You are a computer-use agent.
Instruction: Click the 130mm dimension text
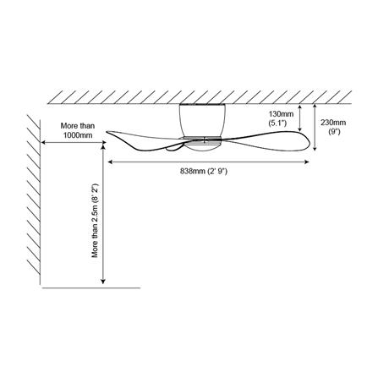pos(281,114)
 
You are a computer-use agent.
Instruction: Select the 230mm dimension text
pos(333,123)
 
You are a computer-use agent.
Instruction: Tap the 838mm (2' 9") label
pos(204,171)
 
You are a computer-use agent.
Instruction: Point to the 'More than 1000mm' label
pos(78,130)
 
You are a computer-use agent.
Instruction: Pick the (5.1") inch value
pos(278,123)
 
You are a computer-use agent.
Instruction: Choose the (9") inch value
pos(334,131)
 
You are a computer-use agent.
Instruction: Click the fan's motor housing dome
pos(202,120)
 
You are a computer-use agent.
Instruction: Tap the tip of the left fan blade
pos(107,132)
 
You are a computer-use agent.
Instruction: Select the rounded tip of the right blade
pos(310,143)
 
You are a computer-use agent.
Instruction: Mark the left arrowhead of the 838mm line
pos(111,162)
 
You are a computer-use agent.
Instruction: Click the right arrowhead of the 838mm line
pos(307,162)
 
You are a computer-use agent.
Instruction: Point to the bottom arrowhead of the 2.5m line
pos(103,281)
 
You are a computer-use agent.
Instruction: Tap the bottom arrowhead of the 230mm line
pos(315,148)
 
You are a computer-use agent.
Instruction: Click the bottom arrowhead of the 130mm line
pos(300,129)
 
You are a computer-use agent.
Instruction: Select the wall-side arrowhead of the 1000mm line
pos(44,143)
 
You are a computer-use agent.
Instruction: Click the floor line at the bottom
pos(90,288)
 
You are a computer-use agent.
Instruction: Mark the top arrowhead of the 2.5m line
pos(103,147)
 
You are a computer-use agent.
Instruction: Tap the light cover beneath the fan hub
pos(202,146)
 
